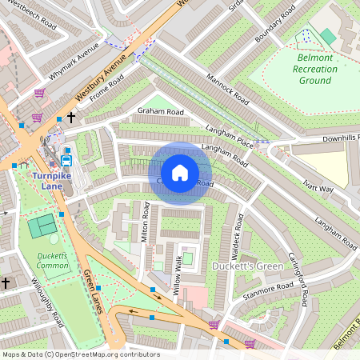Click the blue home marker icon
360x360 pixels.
click(x=180, y=173)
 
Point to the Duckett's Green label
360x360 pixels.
click(x=248, y=266)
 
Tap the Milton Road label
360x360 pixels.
click(x=146, y=222)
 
